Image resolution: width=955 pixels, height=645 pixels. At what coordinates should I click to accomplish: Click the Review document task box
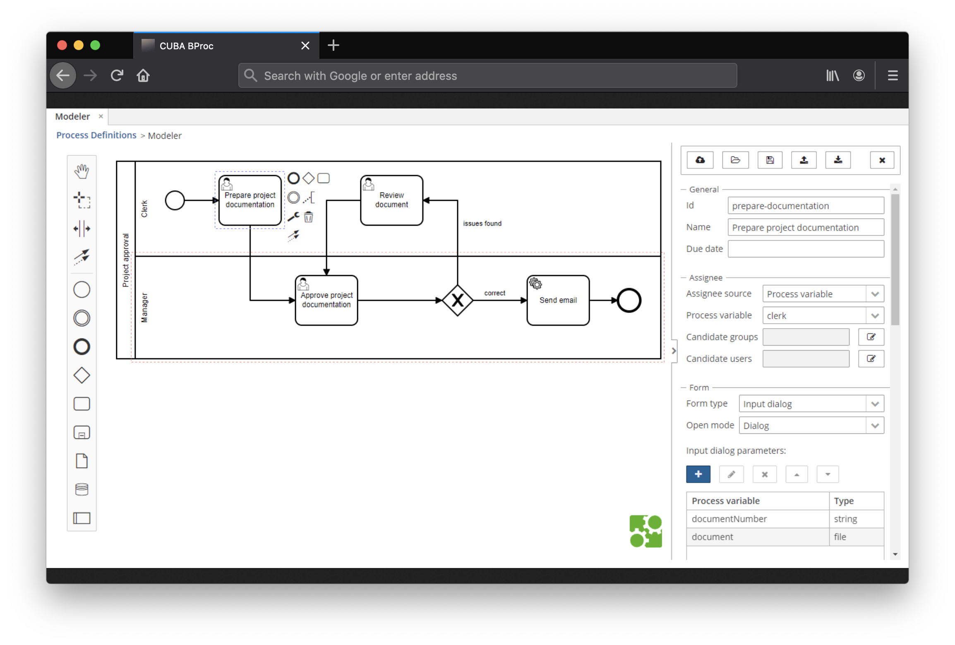click(391, 200)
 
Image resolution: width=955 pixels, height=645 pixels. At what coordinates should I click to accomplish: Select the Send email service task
click(558, 301)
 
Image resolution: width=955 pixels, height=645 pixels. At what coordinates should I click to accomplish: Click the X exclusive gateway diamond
click(457, 300)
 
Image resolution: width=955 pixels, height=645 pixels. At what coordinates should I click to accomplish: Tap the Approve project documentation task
click(326, 301)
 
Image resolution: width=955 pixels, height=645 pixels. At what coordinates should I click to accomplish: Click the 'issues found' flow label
click(482, 224)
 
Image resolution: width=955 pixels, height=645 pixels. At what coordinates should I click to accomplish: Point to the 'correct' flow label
click(494, 293)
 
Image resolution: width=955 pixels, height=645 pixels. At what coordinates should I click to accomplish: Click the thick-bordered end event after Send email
click(629, 300)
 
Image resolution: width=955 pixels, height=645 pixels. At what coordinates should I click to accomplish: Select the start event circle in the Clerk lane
click(175, 200)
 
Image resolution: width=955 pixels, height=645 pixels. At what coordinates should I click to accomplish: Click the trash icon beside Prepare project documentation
click(309, 217)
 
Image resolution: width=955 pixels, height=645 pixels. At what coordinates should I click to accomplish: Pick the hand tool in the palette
click(82, 171)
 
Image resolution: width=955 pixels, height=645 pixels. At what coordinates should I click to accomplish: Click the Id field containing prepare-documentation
click(806, 206)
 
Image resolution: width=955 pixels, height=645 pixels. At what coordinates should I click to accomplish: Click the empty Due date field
click(806, 249)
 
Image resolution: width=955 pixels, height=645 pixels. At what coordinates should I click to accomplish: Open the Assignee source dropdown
click(823, 294)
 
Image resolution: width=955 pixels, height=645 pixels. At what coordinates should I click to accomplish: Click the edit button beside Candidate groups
click(871, 337)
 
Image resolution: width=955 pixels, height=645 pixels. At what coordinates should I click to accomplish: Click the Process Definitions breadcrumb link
click(96, 135)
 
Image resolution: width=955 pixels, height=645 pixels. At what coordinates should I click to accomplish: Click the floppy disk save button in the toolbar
click(770, 160)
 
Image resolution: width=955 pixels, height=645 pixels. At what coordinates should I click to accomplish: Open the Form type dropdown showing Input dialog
click(811, 404)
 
